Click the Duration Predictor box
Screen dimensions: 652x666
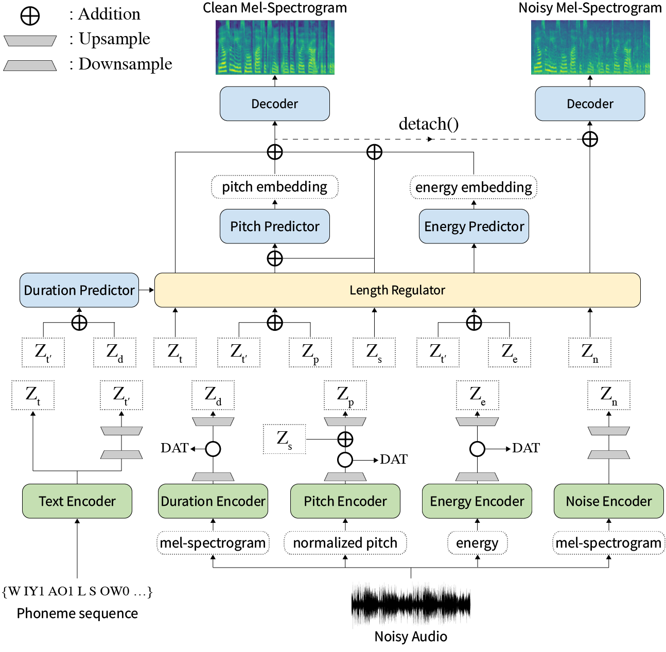(x=79, y=290)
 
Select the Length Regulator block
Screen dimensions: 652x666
(x=397, y=290)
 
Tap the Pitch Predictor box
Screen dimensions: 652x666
(x=275, y=226)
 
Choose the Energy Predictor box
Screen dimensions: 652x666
(x=474, y=226)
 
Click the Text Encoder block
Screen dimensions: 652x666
(x=77, y=501)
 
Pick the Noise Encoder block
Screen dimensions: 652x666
(x=609, y=501)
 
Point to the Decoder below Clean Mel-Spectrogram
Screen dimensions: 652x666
(x=275, y=104)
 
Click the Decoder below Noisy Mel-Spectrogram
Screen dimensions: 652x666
(x=590, y=104)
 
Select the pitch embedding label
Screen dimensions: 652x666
(x=275, y=187)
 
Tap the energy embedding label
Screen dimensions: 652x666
(x=474, y=187)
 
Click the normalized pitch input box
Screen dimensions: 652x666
(x=345, y=543)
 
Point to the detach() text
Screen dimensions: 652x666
(x=429, y=124)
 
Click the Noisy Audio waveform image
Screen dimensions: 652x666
(x=411, y=605)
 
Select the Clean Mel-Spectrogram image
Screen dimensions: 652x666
(x=275, y=47)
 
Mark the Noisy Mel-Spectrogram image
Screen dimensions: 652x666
(x=590, y=47)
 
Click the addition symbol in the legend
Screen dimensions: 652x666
(x=30, y=15)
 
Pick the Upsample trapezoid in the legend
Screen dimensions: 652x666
(x=30, y=41)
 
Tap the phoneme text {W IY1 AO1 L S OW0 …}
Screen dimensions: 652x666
(x=77, y=591)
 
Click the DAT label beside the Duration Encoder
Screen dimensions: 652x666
(x=174, y=448)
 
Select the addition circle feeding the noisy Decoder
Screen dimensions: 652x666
(x=590, y=139)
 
